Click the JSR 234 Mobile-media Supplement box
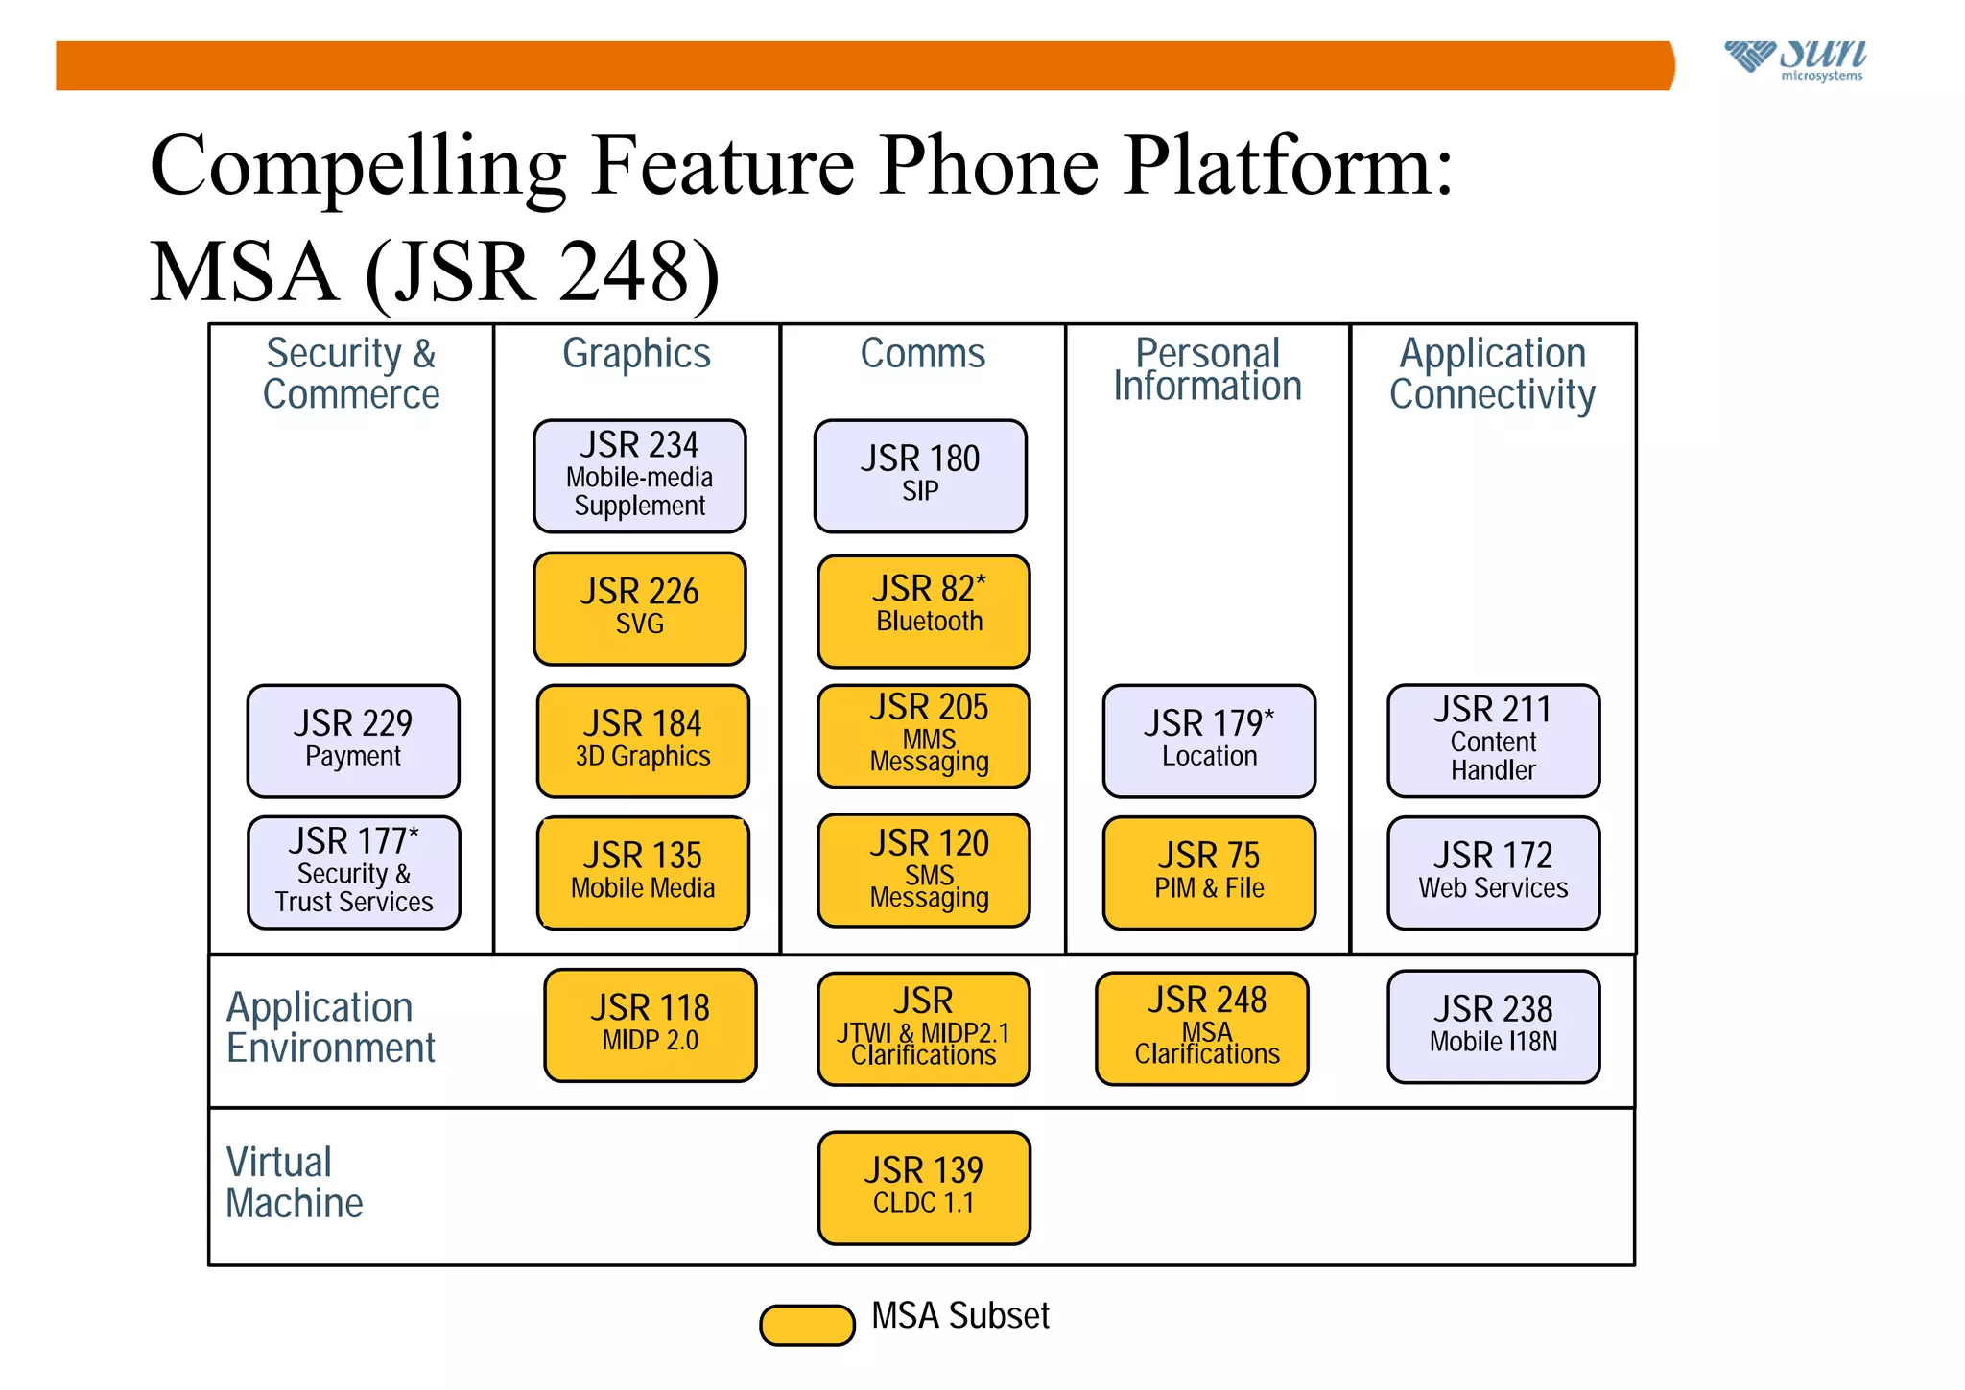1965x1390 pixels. (639, 476)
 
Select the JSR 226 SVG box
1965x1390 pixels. (639, 608)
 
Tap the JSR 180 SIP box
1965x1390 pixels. (920, 476)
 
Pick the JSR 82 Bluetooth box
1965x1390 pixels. (923, 611)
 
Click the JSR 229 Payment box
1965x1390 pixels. (353, 741)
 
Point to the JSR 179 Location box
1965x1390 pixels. (1209, 741)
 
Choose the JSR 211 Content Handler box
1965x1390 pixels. (1493, 741)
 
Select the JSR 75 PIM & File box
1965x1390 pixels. (1209, 872)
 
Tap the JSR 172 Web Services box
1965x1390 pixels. (1493, 872)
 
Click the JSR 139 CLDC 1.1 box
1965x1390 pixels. (923, 1188)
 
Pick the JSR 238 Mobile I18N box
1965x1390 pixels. (1493, 1026)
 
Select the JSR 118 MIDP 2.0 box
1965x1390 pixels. (650, 1025)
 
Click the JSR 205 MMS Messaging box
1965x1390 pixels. (923, 736)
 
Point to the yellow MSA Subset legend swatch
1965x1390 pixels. (807, 1325)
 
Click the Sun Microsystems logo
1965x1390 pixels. (1795, 59)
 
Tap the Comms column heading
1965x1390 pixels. (922, 353)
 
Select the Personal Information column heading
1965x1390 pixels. (1207, 369)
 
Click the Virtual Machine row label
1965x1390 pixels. (294, 1182)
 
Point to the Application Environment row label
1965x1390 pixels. (330, 1027)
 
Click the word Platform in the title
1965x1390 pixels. (1286, 166)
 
